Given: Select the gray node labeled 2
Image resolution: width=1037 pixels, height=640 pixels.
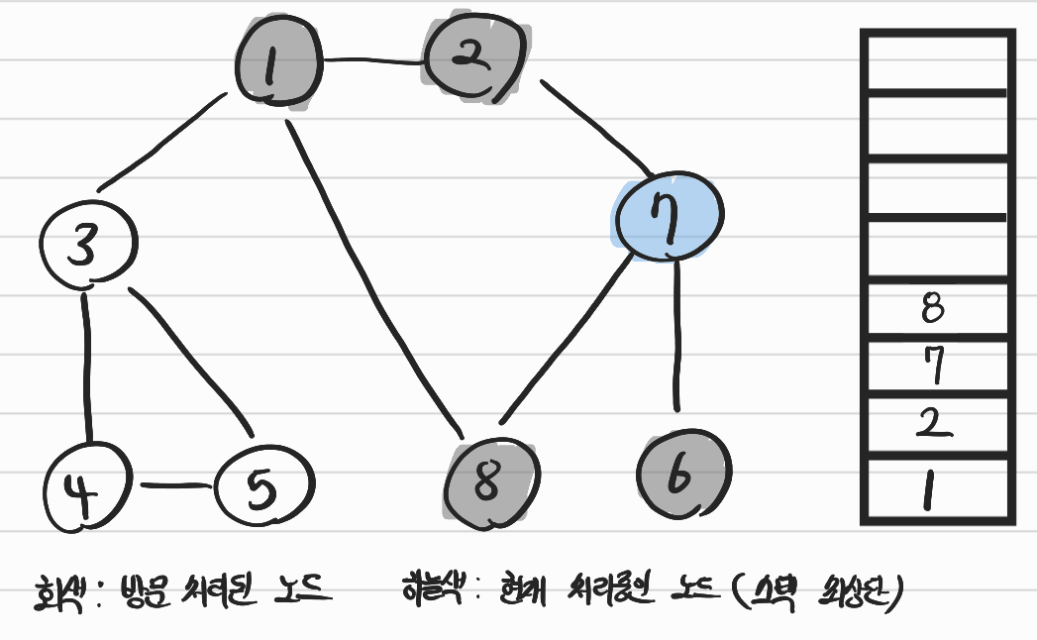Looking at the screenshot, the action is (x=473, y=57).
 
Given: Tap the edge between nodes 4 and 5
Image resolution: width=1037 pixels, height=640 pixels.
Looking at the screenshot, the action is (x=176, y=486).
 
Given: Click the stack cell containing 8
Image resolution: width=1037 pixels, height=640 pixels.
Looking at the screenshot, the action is (x=935, y=310).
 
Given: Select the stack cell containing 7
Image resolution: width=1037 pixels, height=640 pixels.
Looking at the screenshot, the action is (x=935, y=367).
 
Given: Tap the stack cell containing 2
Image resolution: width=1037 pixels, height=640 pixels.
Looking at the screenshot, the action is (x=935, y=425).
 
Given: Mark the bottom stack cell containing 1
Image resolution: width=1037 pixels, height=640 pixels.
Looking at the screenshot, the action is (x=935, y=489).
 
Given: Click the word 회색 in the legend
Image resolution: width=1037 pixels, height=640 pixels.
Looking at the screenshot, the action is (x=56, y=594).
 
